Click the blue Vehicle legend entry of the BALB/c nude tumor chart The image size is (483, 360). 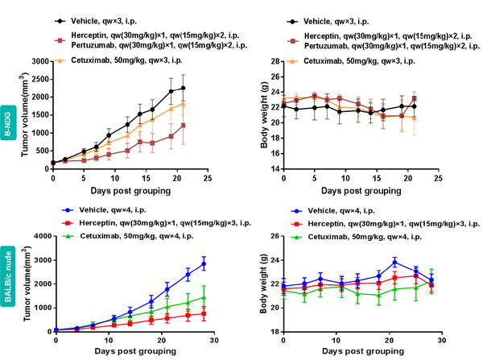[x=109, y=209]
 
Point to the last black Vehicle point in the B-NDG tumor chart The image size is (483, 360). [x=184, y=88]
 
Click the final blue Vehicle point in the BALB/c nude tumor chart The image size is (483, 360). [x=204, y=264]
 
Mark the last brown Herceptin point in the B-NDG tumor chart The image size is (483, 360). [x=184, y=126]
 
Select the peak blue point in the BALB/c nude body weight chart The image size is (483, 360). [x=394, y=262]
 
